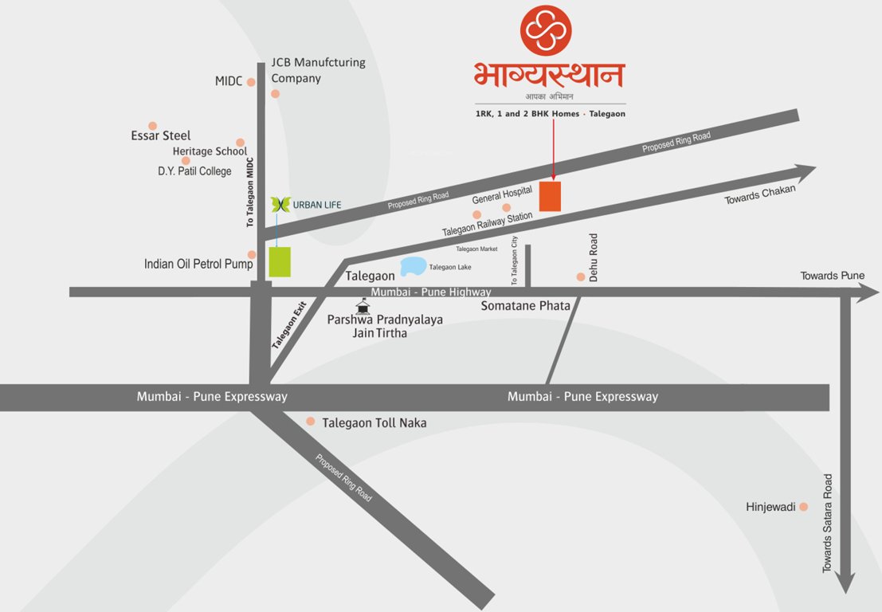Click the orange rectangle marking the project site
pyautogui.click(x=550, y=196)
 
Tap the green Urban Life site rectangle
pyautogui.click(x=280, y=262)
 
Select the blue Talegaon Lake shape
pyautogui.click(x=413, y=265)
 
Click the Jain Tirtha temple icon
pyautogui.click(x=363, y=306)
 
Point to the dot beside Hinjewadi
pyautogui.click(x=804, y=507)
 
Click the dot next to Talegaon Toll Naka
pyautogui.click(x=311, y=422)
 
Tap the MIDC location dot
pyautogui.click(x=251, y=81)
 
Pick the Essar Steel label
pyautogui.click(x=161, y=135)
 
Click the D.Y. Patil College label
pyautogui.click(x=194, y=171)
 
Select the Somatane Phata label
pyautogui.click(x=526, y=306)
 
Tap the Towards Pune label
pyautogui.click(x=833, y=276)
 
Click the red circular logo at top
pyautogui.click(x=547, y=29)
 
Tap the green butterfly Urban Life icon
pyautogui.click(x=280, y=205)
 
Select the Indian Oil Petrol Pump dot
pyautogui.click(x=252, y=255)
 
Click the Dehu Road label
pyautogui.click(x=594, y=253)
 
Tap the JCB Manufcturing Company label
pyautogui.click(x=318, y=70)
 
